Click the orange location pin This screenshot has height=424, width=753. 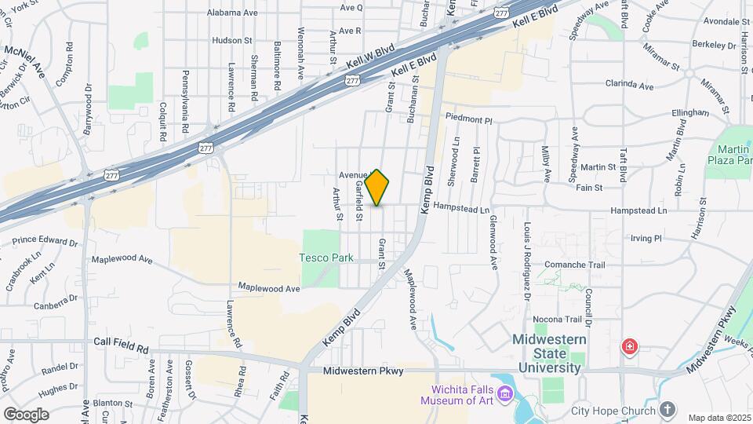click(377, 188)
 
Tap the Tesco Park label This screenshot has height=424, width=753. click(326, 258)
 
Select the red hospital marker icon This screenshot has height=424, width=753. click(628, 346)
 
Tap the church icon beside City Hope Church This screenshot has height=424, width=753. click(667, 410)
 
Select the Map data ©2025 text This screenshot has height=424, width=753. click(719, 417)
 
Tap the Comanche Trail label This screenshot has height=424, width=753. click(575, 265)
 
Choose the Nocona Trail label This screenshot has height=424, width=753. click(558, 319)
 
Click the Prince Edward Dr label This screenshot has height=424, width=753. click(45, 241)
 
